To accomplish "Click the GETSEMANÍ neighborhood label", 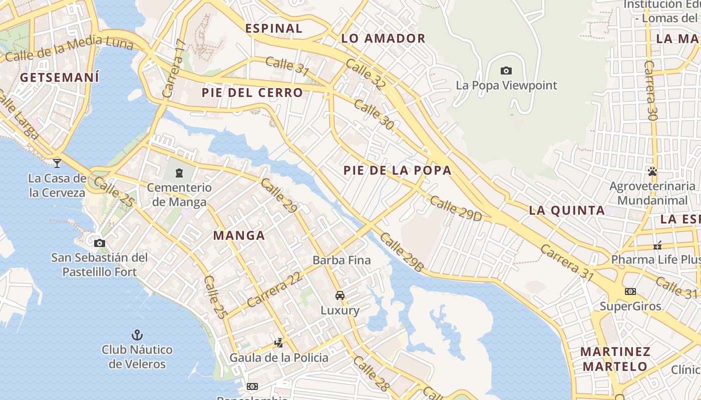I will [60, 77].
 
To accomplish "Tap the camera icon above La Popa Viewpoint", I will [506, 71].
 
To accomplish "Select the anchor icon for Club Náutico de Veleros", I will [137, 334].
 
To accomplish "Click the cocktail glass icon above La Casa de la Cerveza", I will [57, 163].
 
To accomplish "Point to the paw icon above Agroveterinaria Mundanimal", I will [652, 171].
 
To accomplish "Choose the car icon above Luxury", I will [340, 295].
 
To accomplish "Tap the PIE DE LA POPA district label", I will [398, 170].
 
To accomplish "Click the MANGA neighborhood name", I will [239, 235].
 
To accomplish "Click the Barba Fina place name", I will [341, 260].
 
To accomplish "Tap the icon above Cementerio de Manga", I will [179, 173].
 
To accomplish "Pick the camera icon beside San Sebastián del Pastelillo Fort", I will [100, 243].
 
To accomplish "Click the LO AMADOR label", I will [383, 38].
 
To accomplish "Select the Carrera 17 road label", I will [174, 68].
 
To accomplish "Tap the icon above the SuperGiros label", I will [630, 291].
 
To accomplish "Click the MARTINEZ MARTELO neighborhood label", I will [615, 358].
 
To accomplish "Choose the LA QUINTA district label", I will [567, 210].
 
